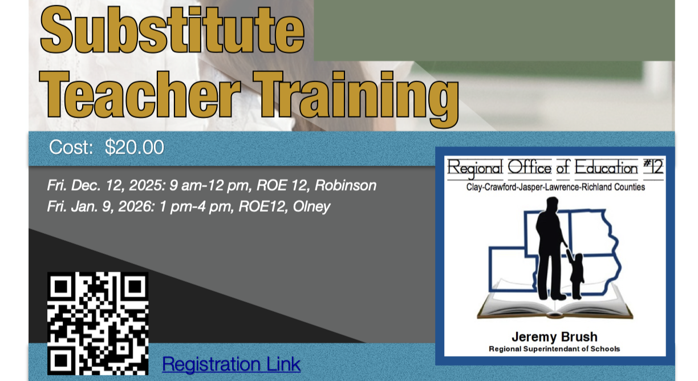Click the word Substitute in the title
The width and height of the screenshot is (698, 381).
tap(172, 30)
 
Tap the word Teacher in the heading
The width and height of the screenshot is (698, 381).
tap(140, 95)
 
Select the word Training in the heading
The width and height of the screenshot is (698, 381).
tap(355, 99)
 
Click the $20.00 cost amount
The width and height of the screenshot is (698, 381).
tap(135, 147)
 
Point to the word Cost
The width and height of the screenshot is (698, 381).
tap(71, 147)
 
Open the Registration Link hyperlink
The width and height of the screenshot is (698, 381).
tap(231, 364)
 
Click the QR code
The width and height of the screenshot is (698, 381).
tap(98, 323)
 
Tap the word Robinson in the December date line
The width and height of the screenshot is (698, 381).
tap(346, 185)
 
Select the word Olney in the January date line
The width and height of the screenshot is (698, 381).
tap(311, 206)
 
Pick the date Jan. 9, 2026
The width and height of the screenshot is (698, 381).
tap(112, 206)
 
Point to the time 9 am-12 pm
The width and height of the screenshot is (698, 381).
tap(209, 186)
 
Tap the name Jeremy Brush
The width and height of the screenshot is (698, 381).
tap(555, 337)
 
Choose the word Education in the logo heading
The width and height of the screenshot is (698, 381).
tap(606, 168)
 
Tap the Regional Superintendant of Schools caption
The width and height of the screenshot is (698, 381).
tap(554, 349)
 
